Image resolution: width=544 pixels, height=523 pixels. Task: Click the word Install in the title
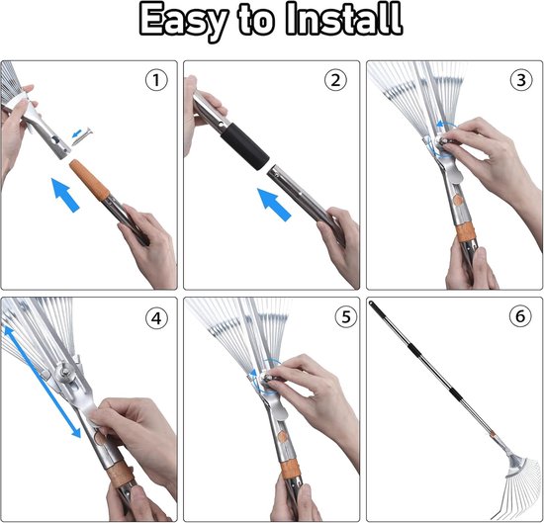tap(343, 19)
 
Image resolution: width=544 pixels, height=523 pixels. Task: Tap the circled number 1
tap(156, 80)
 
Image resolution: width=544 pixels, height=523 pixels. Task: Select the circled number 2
tap(335, 80)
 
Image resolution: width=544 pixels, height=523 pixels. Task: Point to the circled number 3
tap(521, 80)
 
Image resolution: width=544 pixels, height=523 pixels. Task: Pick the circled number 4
tap(156, 318)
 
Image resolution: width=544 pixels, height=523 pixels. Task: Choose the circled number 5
tap(346, 316)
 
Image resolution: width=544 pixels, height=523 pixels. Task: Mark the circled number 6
tap(520, 316)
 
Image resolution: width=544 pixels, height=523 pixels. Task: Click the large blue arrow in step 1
tap(65, 195)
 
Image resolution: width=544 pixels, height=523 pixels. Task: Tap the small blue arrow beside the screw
tap(77, 133)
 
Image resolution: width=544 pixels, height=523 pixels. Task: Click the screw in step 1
tap(82, 136)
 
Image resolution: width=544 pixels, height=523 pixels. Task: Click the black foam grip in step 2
tap(245, 145)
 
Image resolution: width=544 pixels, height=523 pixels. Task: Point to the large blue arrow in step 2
tap(274, 205)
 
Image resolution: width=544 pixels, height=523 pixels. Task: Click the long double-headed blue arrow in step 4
tap(42, 382)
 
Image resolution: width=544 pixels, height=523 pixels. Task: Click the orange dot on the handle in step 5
tap(284, 437)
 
